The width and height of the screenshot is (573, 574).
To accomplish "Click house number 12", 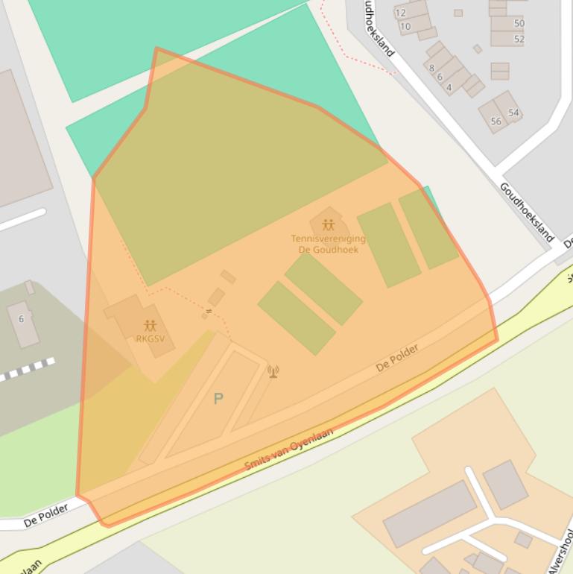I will coord(401,13).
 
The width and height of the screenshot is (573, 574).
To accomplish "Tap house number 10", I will coord(405,27).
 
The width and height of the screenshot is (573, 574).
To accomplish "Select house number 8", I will coord(431,68).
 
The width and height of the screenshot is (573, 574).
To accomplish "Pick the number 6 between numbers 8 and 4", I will coord(440,77).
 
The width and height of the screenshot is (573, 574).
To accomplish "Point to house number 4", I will coord(449,87).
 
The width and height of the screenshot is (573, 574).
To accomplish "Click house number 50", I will coord(519,24).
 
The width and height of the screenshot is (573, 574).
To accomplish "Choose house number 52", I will coord(519,40).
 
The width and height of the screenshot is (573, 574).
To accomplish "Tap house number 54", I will coord(513,113).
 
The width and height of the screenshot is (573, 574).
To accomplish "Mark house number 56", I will coord(496,122).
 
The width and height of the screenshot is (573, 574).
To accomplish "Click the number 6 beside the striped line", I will coord(21,319).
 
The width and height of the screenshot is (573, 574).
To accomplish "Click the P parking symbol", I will coord(218,399).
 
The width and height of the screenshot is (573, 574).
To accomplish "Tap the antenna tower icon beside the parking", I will coord(273,370).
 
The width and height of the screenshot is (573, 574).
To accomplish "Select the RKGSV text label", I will coord(150,338).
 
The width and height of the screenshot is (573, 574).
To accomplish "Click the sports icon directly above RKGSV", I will coord(150,326).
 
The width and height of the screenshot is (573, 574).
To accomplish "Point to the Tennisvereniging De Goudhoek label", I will coord(328,244).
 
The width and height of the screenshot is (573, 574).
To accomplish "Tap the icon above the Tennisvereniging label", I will coord(328,225).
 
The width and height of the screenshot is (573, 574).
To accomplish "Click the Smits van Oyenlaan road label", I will coord(288,449).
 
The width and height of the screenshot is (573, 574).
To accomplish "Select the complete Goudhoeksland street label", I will coord(528,212).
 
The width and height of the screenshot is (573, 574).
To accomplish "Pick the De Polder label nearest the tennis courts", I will coord(397,358).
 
